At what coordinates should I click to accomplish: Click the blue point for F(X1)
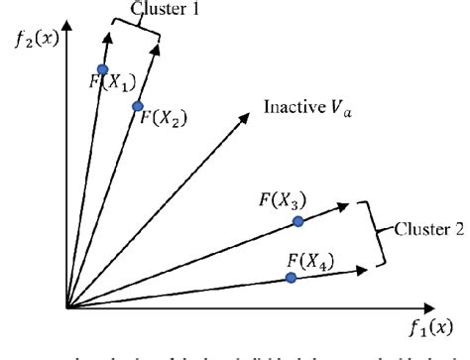click(x=102, y=69)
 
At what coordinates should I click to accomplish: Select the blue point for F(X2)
click(x=138, y=106)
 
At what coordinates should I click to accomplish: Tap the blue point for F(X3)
click(x=297, y=222)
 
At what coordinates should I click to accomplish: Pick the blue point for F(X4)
click(x=291, y=278)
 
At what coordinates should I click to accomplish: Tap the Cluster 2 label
click(x=429, y=230)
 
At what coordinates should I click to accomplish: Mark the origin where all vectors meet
click(x=67, y=308)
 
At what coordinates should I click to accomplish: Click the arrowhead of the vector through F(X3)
click(x=345, y=206)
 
